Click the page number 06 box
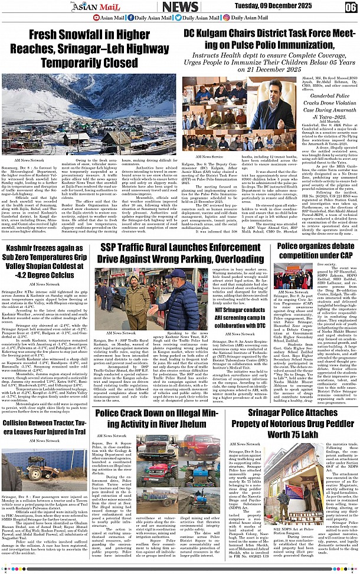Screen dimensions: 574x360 tap(351, 6)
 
